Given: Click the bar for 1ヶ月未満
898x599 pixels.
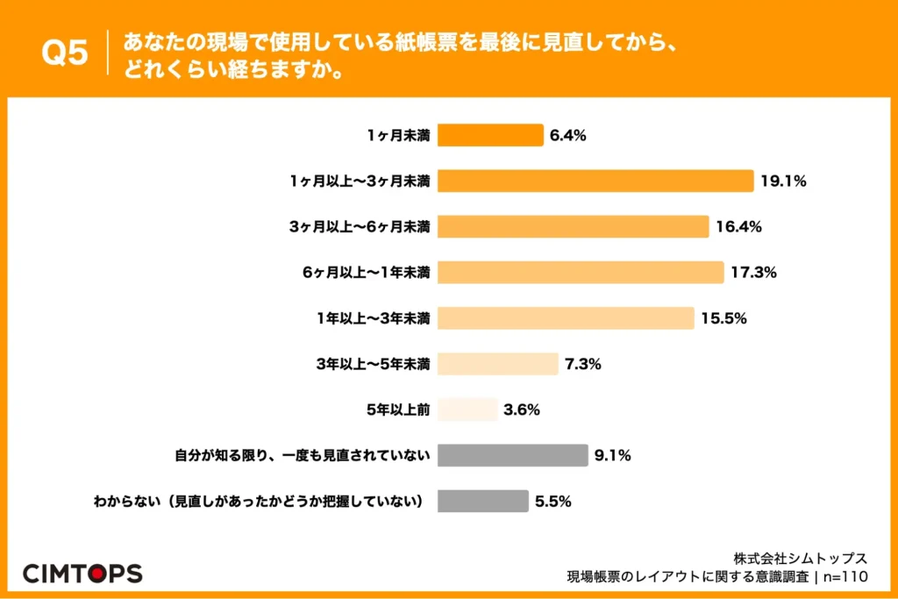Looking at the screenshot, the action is point(490,135).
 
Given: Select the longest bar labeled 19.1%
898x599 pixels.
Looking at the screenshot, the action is point(595,181).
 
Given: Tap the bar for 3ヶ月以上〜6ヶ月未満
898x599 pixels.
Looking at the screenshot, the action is point(574,227).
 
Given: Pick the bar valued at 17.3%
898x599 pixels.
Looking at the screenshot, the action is point(581,273).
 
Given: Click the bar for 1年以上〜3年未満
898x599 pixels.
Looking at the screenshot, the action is point(566,318).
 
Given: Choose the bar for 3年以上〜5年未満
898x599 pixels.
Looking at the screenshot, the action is point(498,364).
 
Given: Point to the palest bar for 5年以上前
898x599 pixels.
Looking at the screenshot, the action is point(467,410).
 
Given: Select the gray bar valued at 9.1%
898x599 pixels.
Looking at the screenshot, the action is point(512,455).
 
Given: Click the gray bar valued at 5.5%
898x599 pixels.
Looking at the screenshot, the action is point(483,501).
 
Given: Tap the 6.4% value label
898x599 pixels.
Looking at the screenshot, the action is point(567,136).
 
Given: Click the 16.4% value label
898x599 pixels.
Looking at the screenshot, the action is point(738,227).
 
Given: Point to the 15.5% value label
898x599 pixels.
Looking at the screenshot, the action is point(723,318).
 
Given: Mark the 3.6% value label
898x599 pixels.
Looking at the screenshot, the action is point(522,410).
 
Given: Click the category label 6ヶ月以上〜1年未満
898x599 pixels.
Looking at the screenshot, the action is point(367,273).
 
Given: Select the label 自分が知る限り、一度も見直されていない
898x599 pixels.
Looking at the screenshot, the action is point(303,456).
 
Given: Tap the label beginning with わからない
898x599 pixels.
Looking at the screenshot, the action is point(259,502).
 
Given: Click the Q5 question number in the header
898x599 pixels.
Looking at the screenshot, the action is point(65,53).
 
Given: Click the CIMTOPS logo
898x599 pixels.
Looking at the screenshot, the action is point(82,574).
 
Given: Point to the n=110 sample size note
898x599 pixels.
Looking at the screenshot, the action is point(845,577).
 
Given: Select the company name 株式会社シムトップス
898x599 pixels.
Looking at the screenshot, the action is point(801,559).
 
